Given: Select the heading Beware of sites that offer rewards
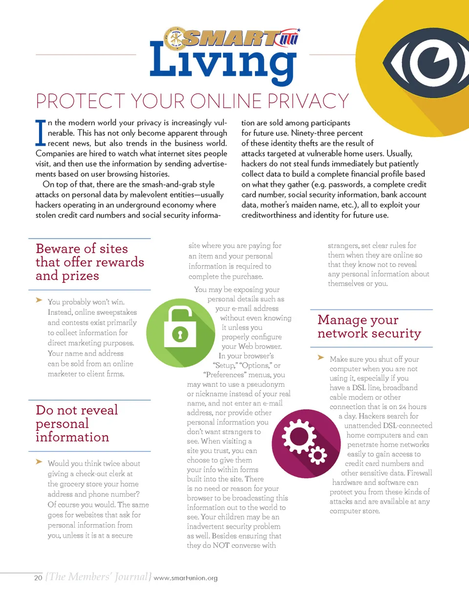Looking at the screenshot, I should (x=90, y=262).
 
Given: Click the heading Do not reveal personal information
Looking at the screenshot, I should (x=77, y=423).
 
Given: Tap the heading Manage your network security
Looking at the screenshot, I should (x=369, y=327).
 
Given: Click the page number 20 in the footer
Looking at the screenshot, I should (x=38, y=578).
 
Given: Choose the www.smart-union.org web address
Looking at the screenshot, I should (x=185, y=579).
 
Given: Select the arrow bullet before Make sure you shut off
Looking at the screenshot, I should (x=321, y=358).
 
